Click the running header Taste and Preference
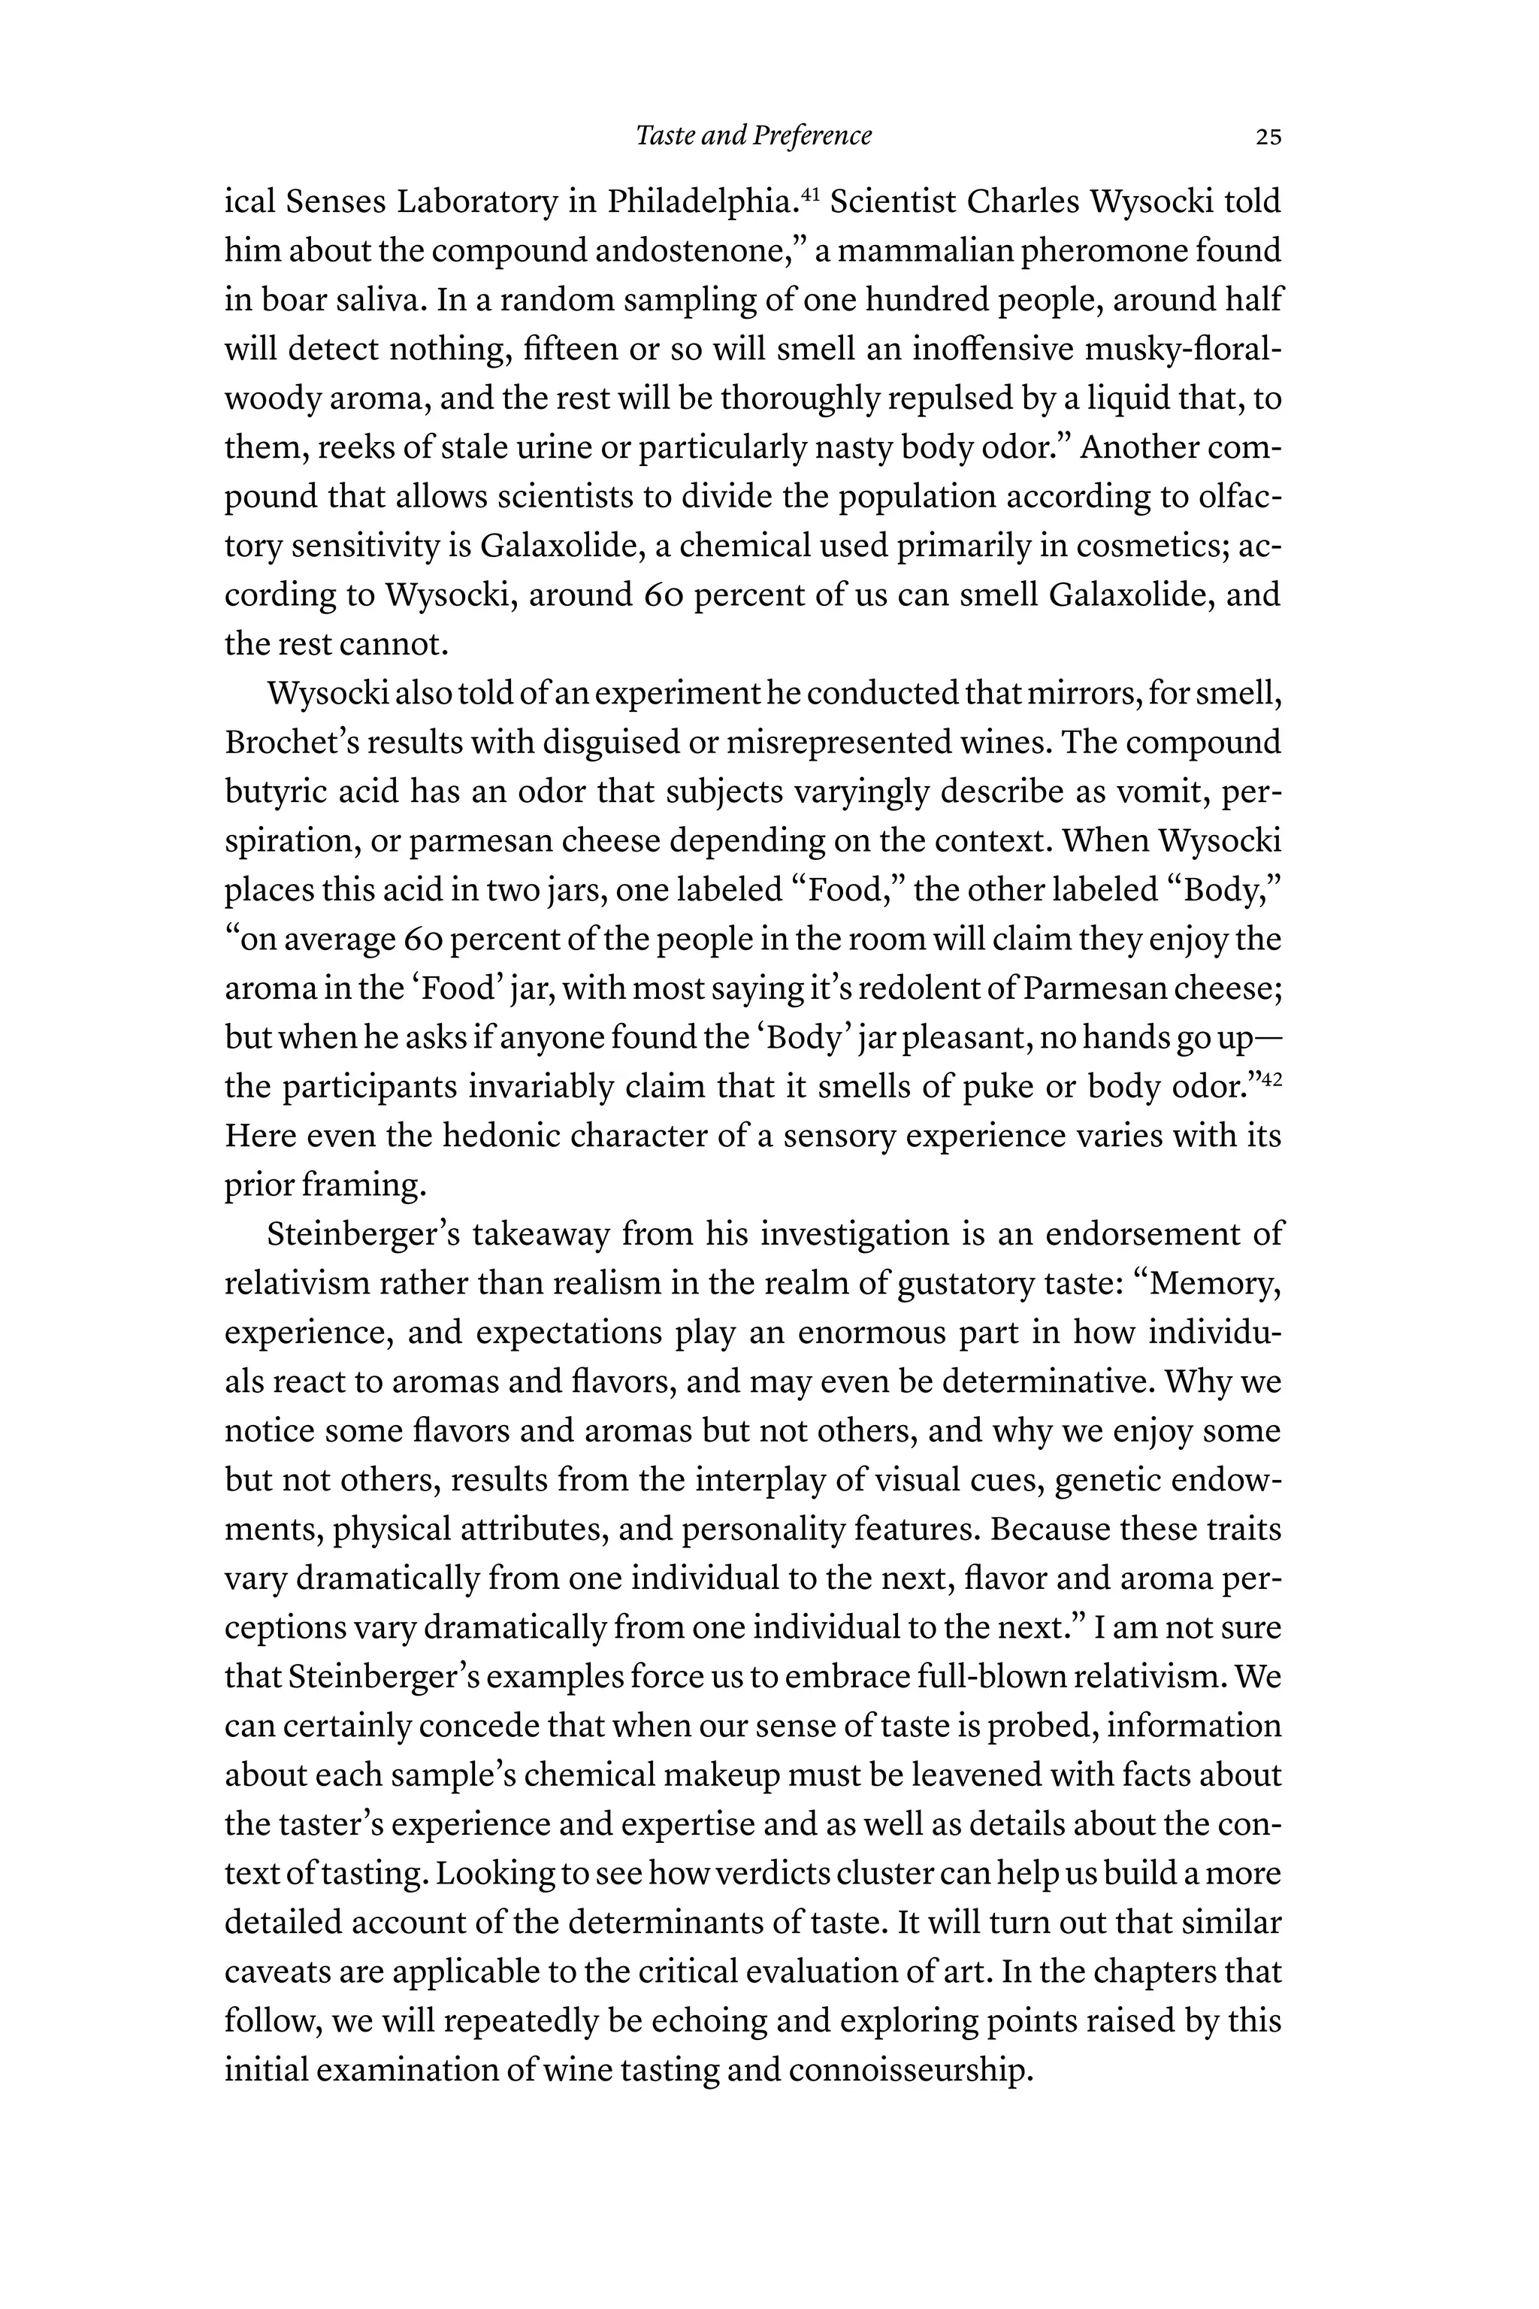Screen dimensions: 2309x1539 click(x=753, y=135)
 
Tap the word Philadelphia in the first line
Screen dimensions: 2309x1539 click(x=699, y=202)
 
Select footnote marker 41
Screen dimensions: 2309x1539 click(x=810, y=193)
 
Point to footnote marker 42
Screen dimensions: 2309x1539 click(x=1271, y=1079)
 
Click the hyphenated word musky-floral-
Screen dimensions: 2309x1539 click(x=1184, y=350)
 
